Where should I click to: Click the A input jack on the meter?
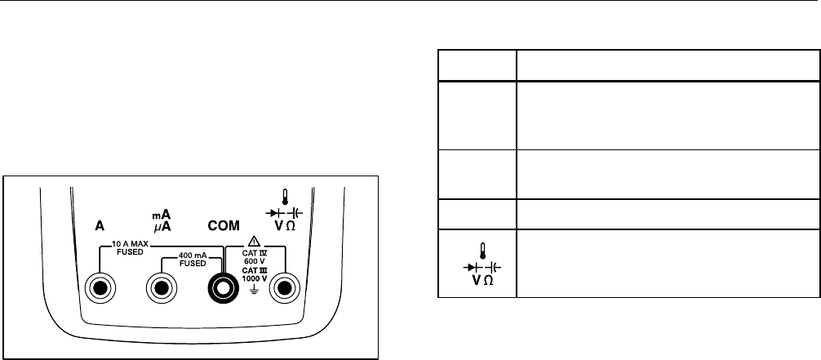coord(101,288)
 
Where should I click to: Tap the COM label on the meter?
coord(222,226)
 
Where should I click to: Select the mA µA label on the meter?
coord(160,220)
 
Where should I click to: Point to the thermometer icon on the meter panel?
coord(284,197)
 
